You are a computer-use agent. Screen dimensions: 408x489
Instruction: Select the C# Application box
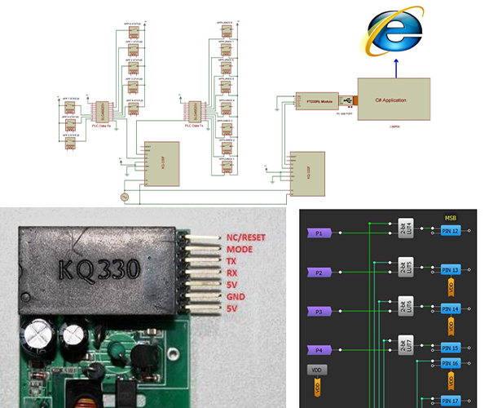(390, 100)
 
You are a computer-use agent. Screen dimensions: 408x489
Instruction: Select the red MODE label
(240, 249)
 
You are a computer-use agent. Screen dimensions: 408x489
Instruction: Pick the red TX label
(232, 260)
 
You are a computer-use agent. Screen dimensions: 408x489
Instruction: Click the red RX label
(232, 273)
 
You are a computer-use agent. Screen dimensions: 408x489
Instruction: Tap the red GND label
(236, 296)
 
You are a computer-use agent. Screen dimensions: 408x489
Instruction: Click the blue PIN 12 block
(450, 232)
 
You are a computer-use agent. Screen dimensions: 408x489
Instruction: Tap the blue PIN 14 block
(450, 309)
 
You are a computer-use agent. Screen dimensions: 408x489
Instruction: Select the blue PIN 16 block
(450, 361)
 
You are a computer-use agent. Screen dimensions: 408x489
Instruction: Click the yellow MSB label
(450, 218)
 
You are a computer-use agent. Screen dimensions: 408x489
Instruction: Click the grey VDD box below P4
(317, 370)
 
